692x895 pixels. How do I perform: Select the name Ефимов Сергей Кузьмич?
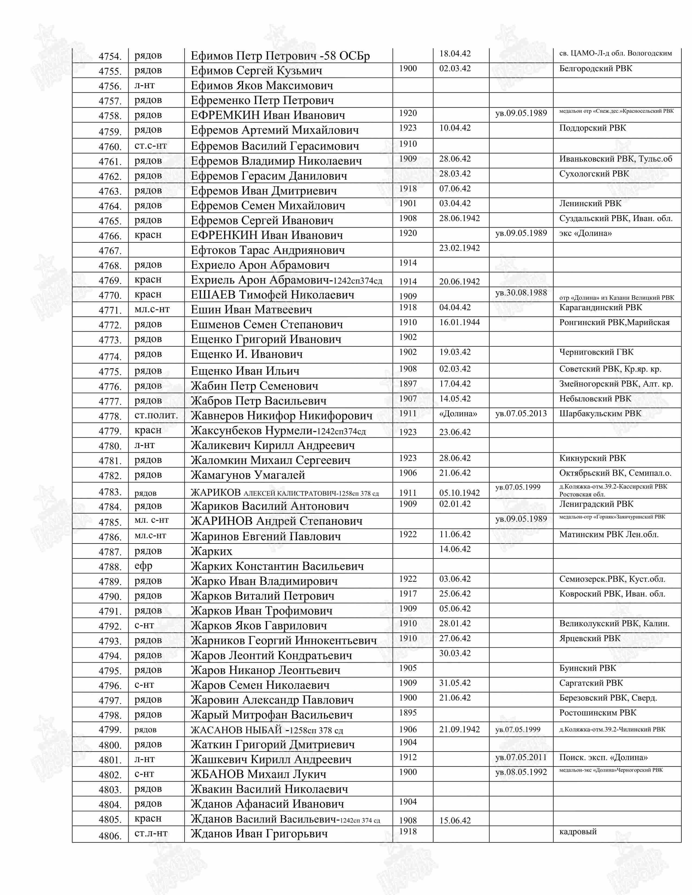(x=256, y=71)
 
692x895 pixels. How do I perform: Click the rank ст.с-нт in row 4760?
(x=150, y=145)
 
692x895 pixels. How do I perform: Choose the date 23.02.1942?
(x=459, y=248)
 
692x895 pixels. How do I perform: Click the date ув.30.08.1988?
(x=521, y=293)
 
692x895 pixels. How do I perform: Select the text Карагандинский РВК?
(x=601, y=307)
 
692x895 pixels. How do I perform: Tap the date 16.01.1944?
(x=459, y=322)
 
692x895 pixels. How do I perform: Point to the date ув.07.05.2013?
(x=521, y=414)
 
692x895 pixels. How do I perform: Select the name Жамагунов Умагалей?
(x=247, y=475)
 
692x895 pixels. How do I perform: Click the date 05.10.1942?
(x=459, y=493)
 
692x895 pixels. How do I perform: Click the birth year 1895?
(x=408, y=713)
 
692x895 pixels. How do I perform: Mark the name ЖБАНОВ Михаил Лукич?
(x=258, y=774)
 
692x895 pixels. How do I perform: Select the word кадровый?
(x=578, y=832)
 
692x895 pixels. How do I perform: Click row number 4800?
(x=110, y=745)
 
